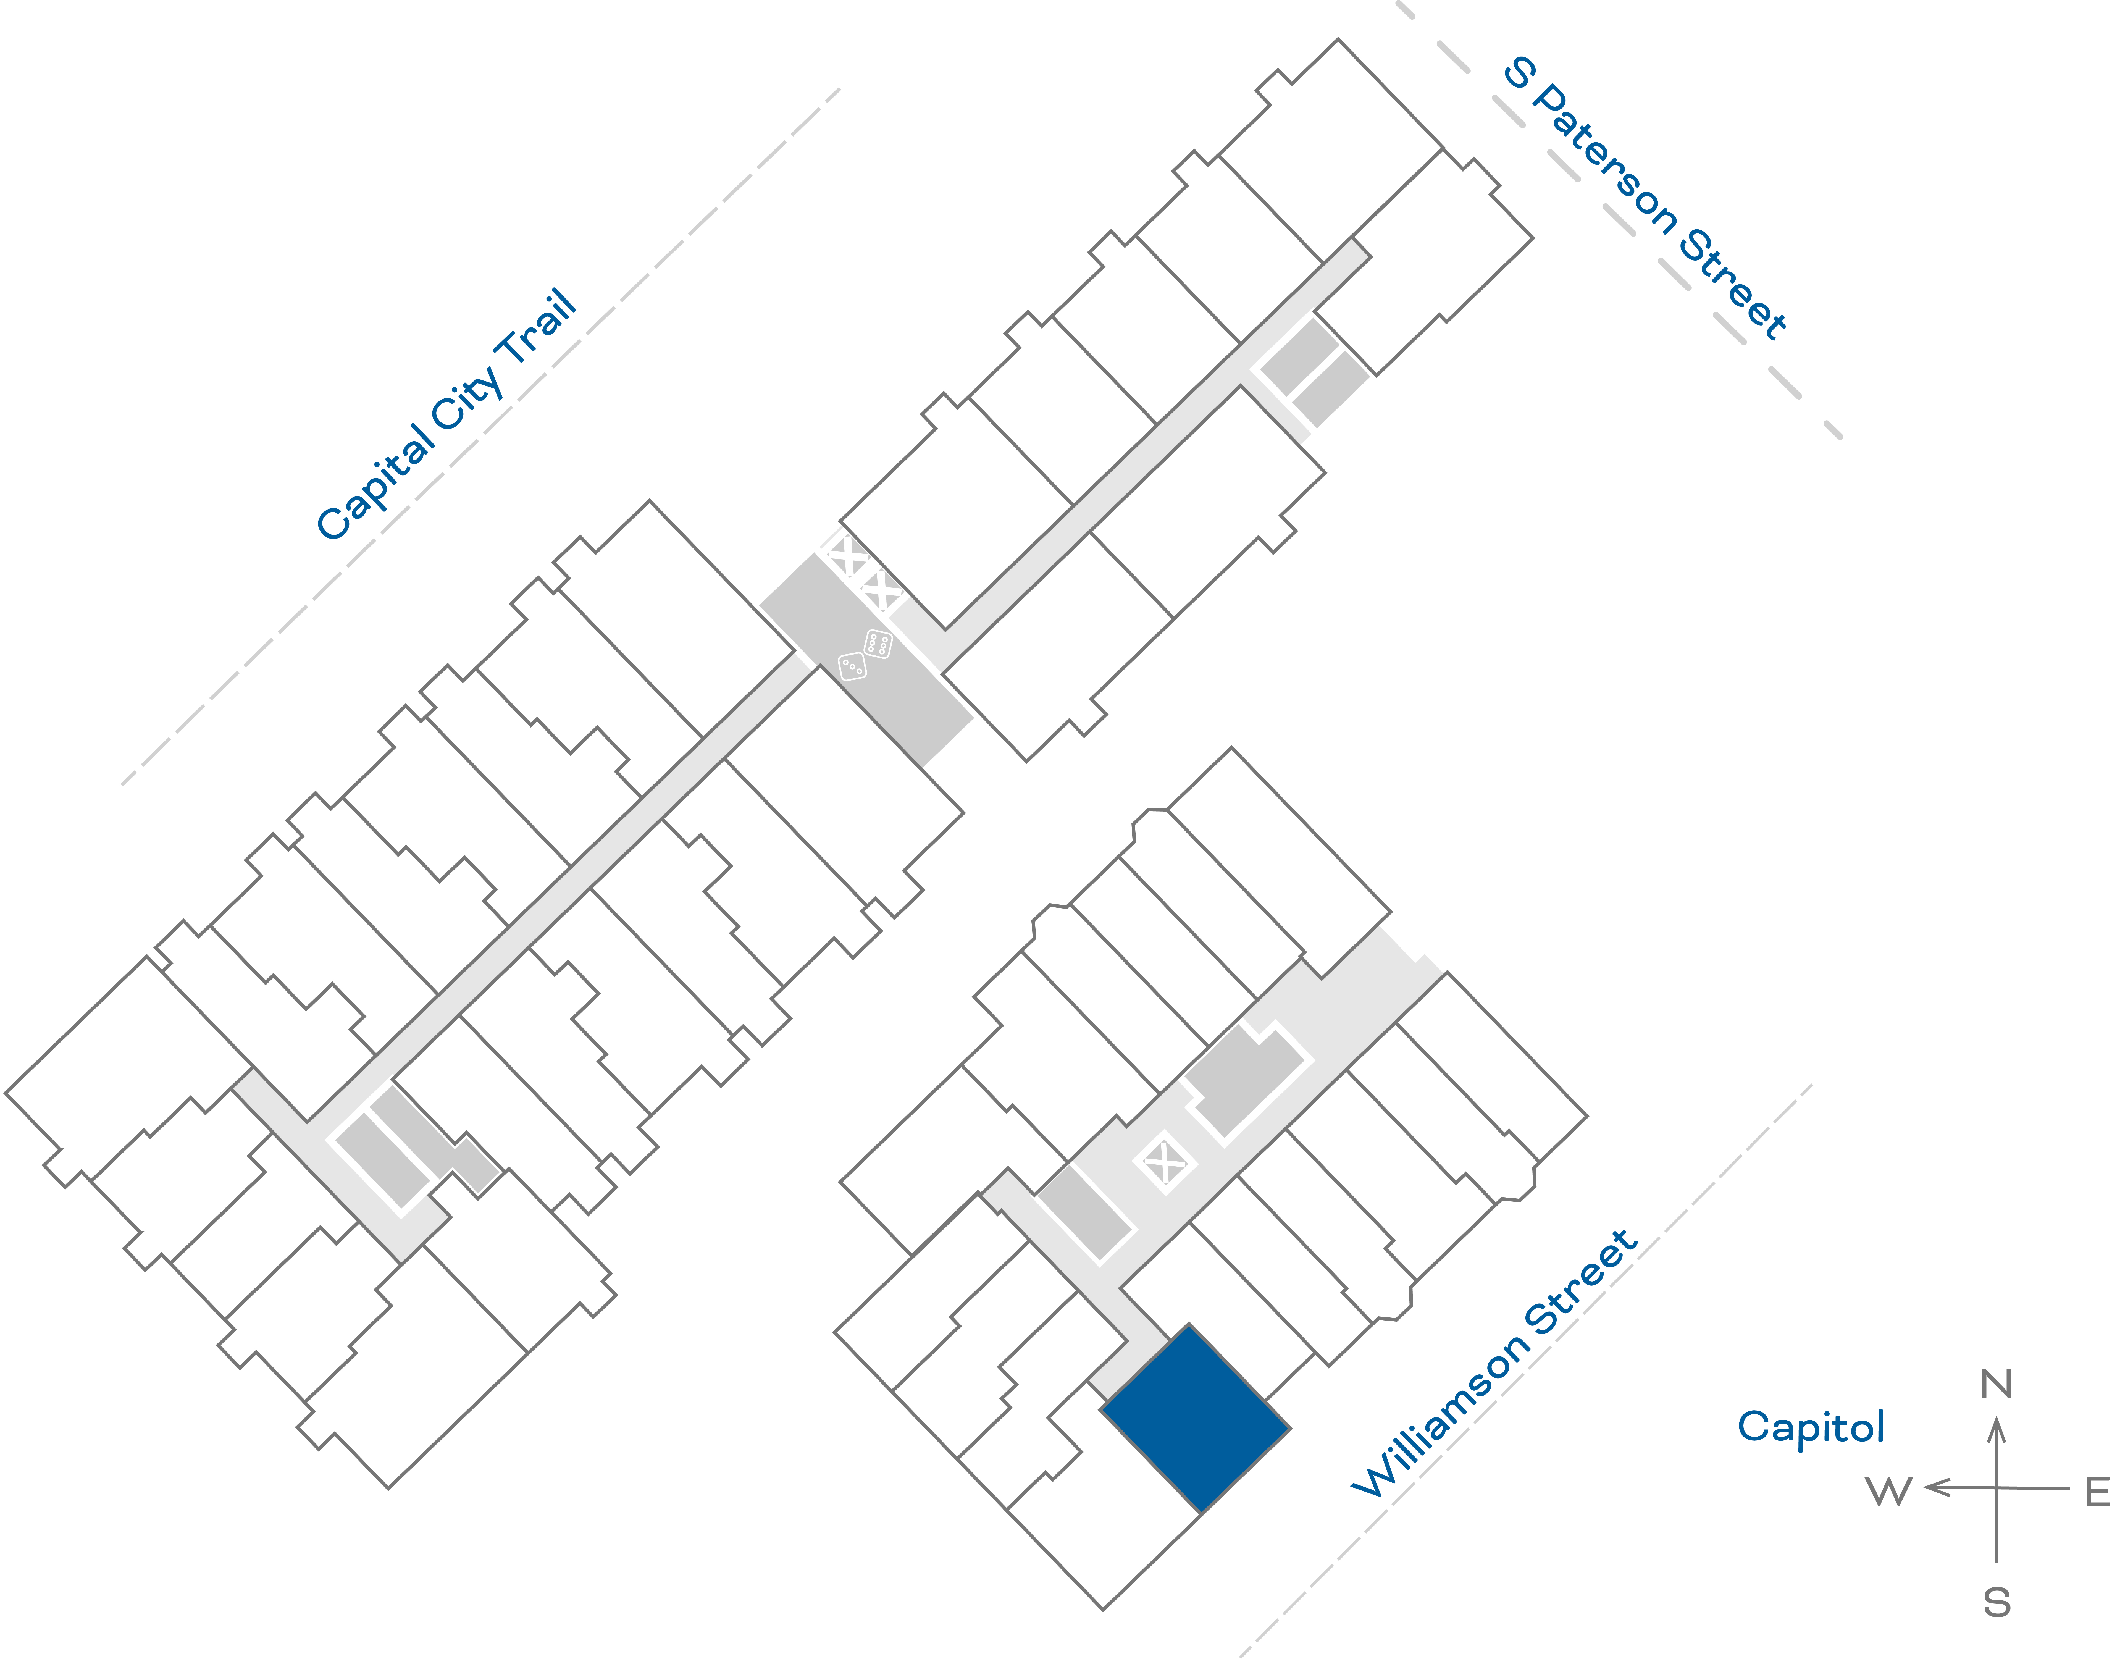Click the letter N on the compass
1997,1383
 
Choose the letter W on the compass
1889,1491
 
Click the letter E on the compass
2097,1491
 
